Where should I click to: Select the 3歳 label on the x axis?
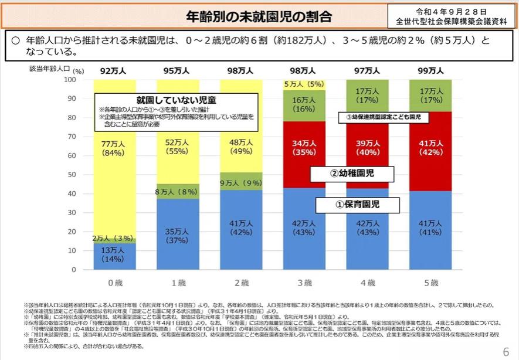pos(304,283)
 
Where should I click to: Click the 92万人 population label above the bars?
pos(114,70)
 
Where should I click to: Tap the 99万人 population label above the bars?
pos(431,70)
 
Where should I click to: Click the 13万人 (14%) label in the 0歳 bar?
pos(114,254)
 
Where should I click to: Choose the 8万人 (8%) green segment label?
pos(177,191)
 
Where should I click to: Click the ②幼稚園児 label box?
pos(351,173)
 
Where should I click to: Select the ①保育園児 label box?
pos(358,205)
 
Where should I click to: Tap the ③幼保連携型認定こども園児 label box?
pos(384,117)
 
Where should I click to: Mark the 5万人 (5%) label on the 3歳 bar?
pos(304,84)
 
